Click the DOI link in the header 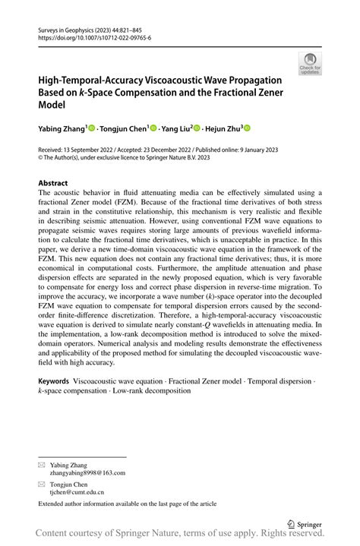[x=92, y=37]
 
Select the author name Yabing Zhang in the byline [x=62, y=130]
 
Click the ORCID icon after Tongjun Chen [x=153, y=130]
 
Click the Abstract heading [x=54, y=183]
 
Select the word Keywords [x=54, y=381]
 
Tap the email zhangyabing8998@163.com [x=87, y=472]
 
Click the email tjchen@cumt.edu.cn [x=77, y=491]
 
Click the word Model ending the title [x=52, y=104]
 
